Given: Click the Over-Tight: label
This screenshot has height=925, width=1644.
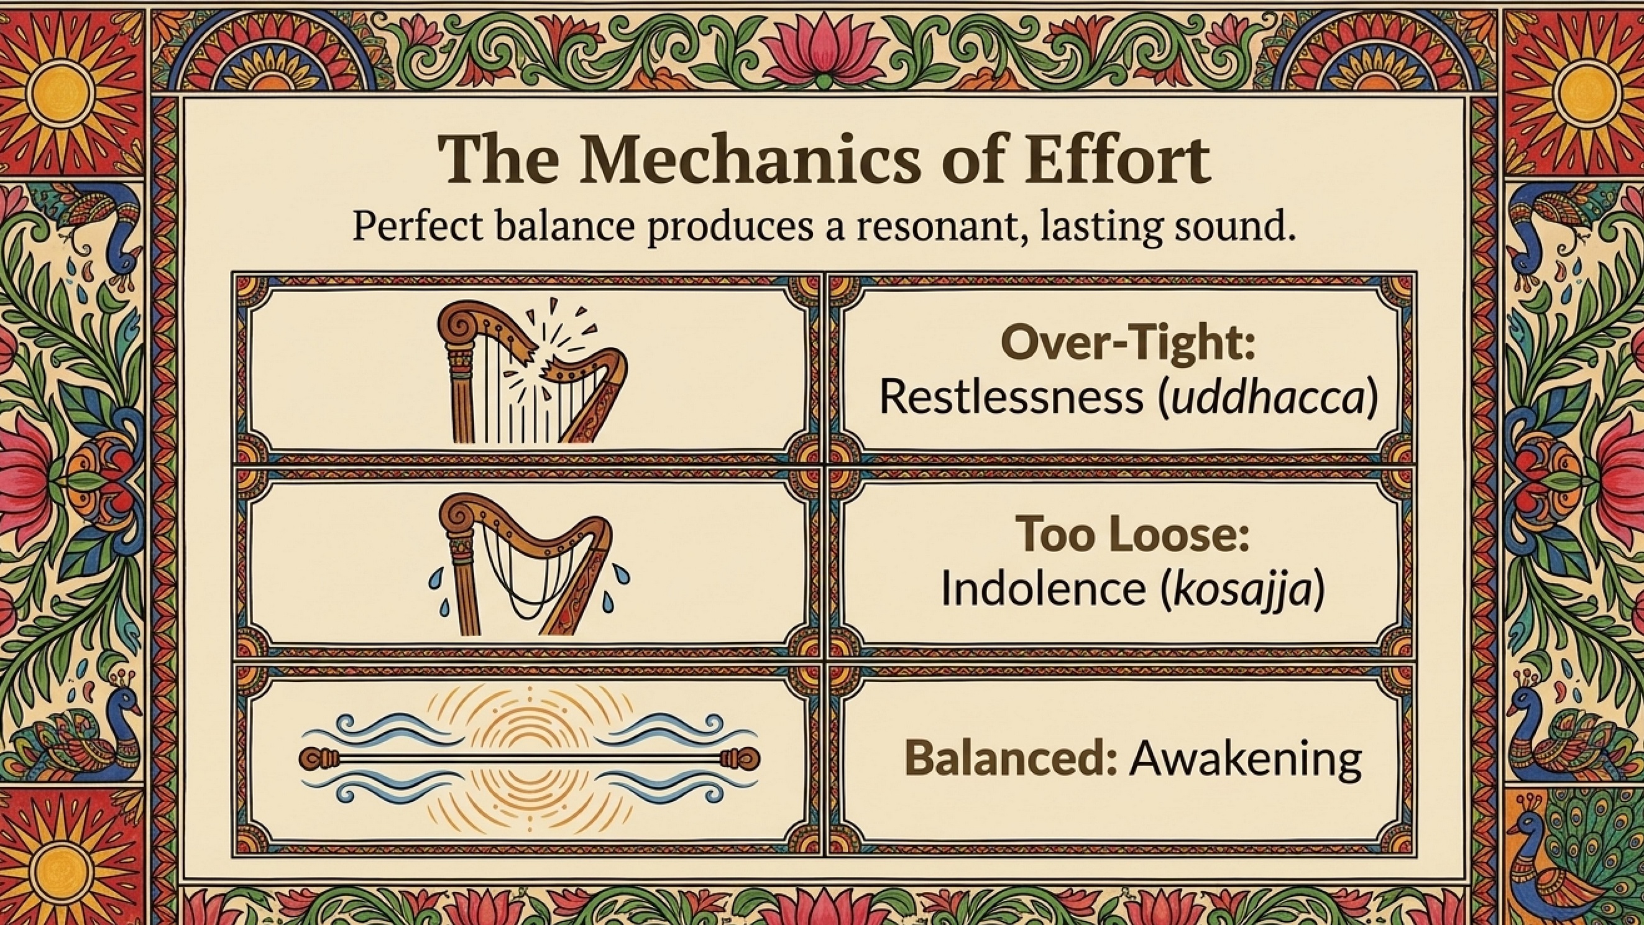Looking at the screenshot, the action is (1127, 346).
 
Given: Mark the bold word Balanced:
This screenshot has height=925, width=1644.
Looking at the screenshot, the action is (1011, 758).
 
